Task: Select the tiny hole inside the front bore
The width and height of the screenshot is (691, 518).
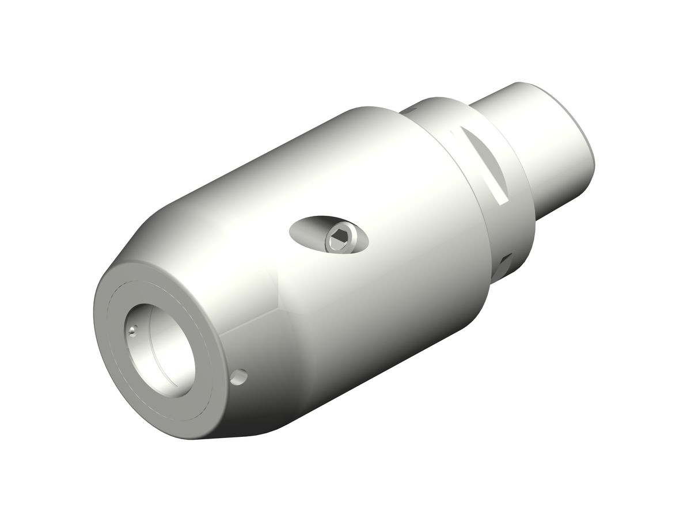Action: click(134, 330)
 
